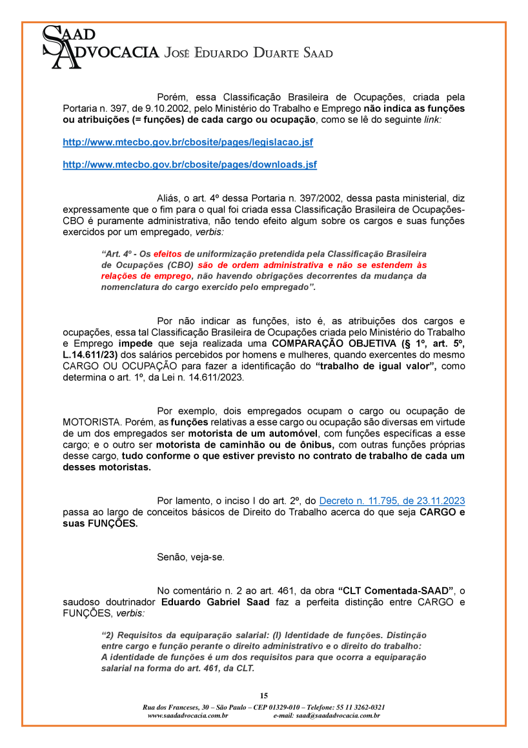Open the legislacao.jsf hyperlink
[x=187, y=141]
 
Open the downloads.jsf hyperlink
[x=189, y=165]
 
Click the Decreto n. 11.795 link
[x=392, y=501]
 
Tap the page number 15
[x=263, y=696]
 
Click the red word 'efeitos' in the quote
[x=168, y=255]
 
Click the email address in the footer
[x=338, y=716]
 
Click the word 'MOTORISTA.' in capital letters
[x=90, y=422]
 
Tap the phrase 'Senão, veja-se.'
[x=190, y=557]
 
